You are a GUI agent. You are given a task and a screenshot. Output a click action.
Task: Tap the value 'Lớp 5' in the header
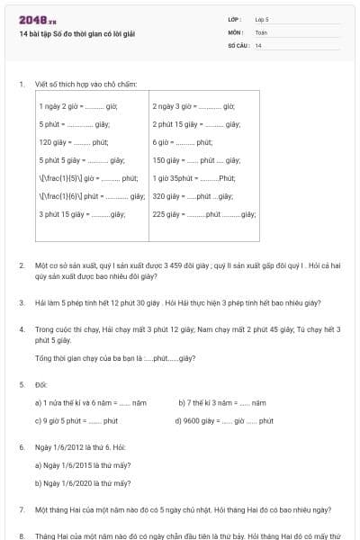coord(262,18)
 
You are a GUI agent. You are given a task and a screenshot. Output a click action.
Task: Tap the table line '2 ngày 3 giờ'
coord(193,106)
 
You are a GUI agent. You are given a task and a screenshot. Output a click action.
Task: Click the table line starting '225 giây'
coord(204,214)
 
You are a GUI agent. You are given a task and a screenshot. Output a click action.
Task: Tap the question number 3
coord(22,303)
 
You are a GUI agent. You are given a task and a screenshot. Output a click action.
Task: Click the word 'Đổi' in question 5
coord(40,384)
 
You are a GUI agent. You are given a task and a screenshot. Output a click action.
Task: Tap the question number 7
coord(22,509)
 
